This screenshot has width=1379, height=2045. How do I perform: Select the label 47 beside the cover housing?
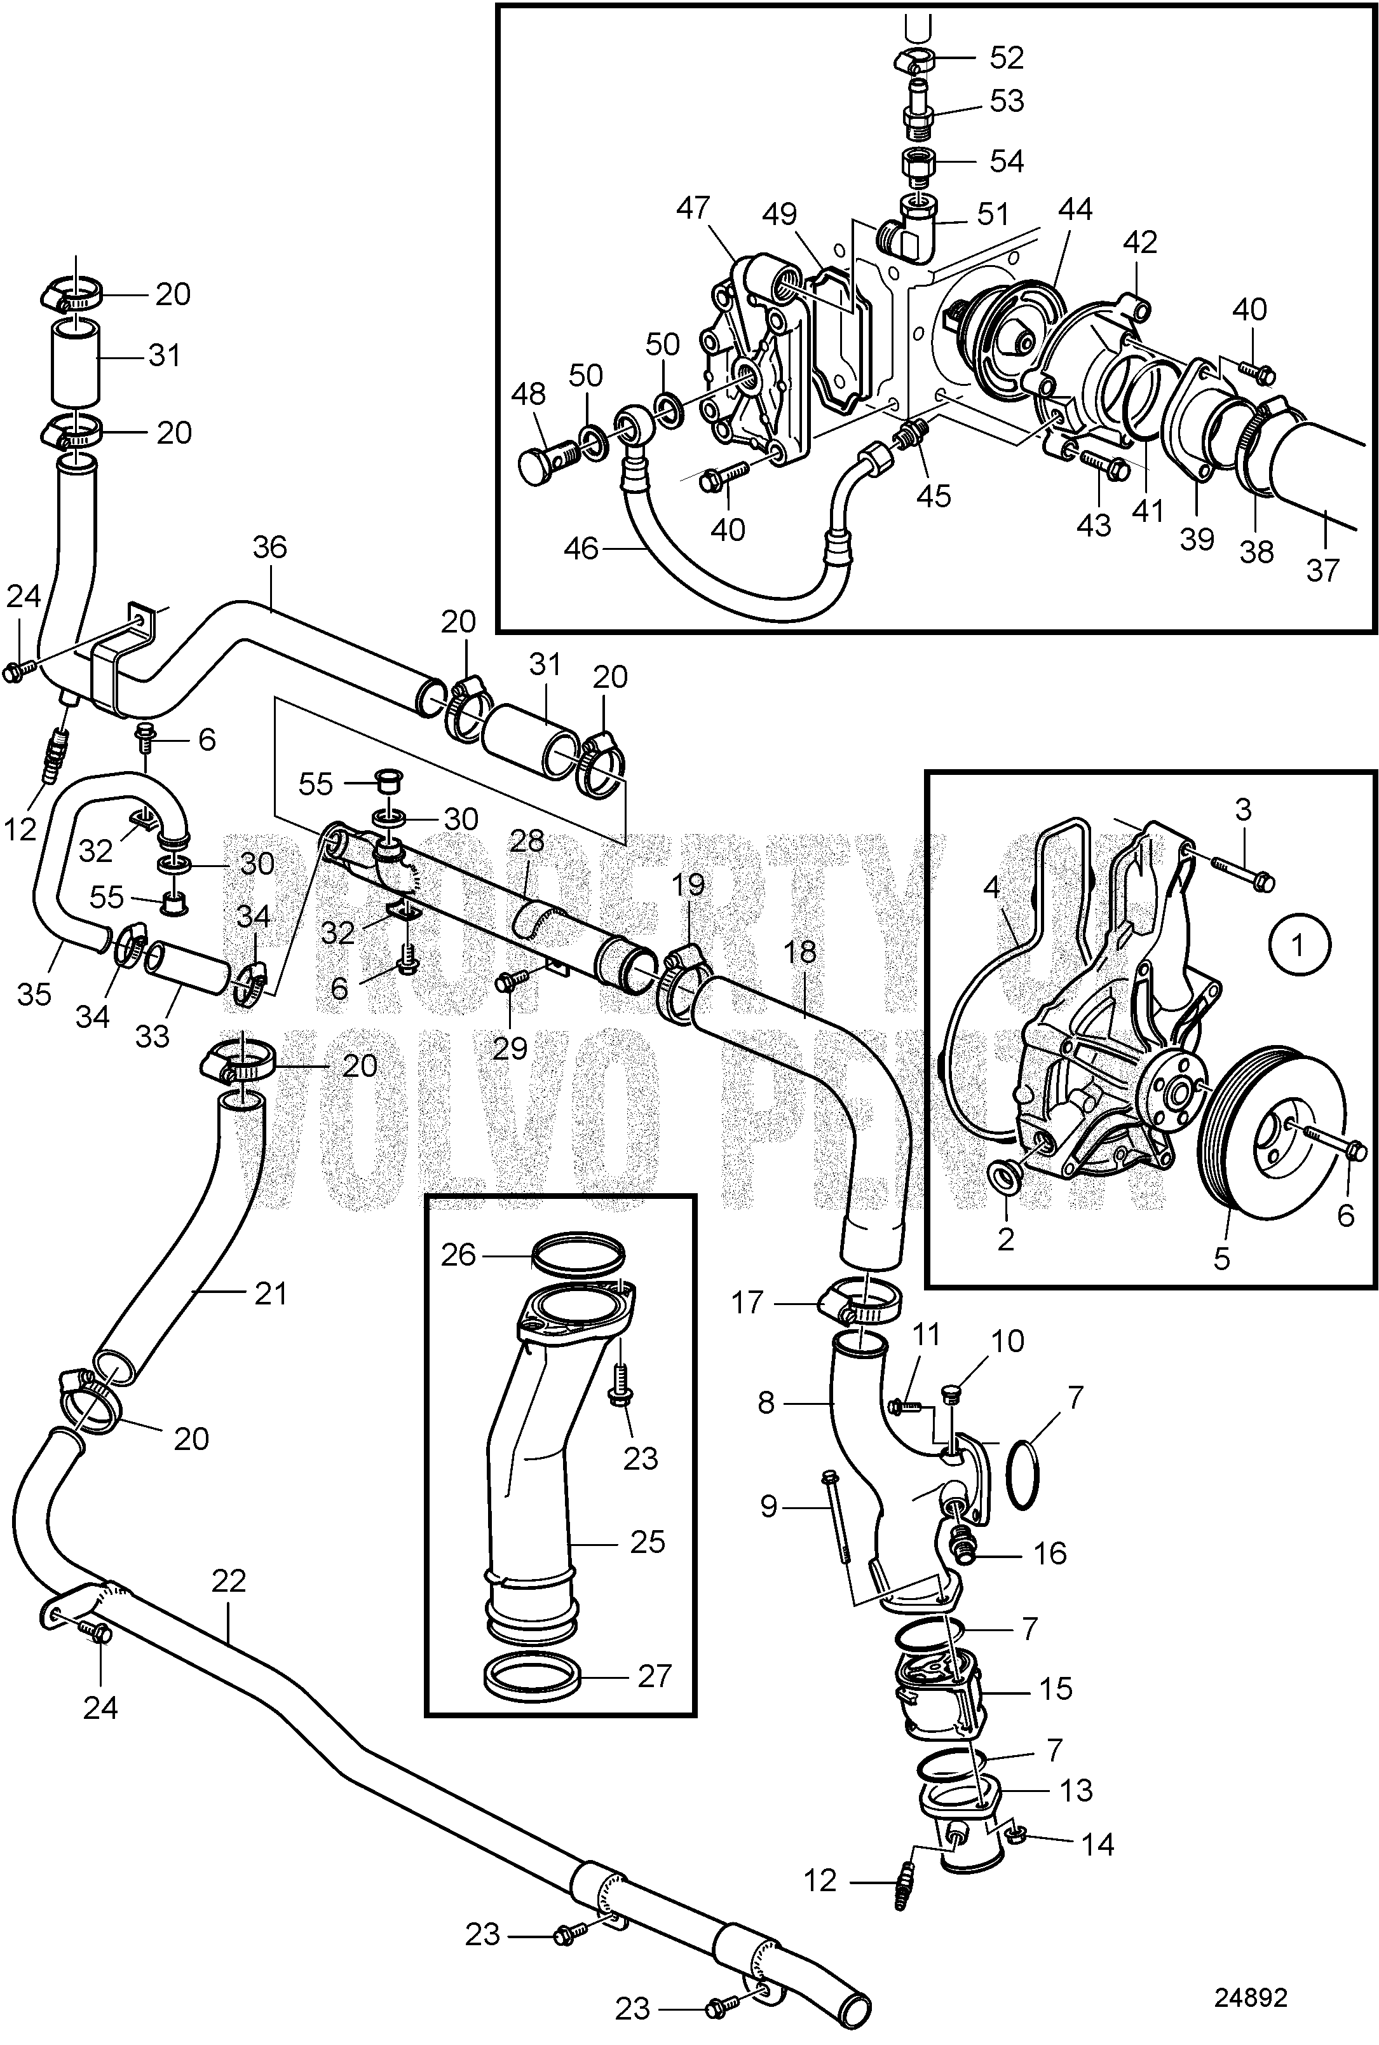click(x=693, y=209)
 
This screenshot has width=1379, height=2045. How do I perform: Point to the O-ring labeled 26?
click(x=580, y=1252)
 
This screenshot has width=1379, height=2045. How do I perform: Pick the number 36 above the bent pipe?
click(x=269, y=547)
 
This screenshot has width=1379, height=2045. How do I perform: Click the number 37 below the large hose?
click(x=1322, y=570)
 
